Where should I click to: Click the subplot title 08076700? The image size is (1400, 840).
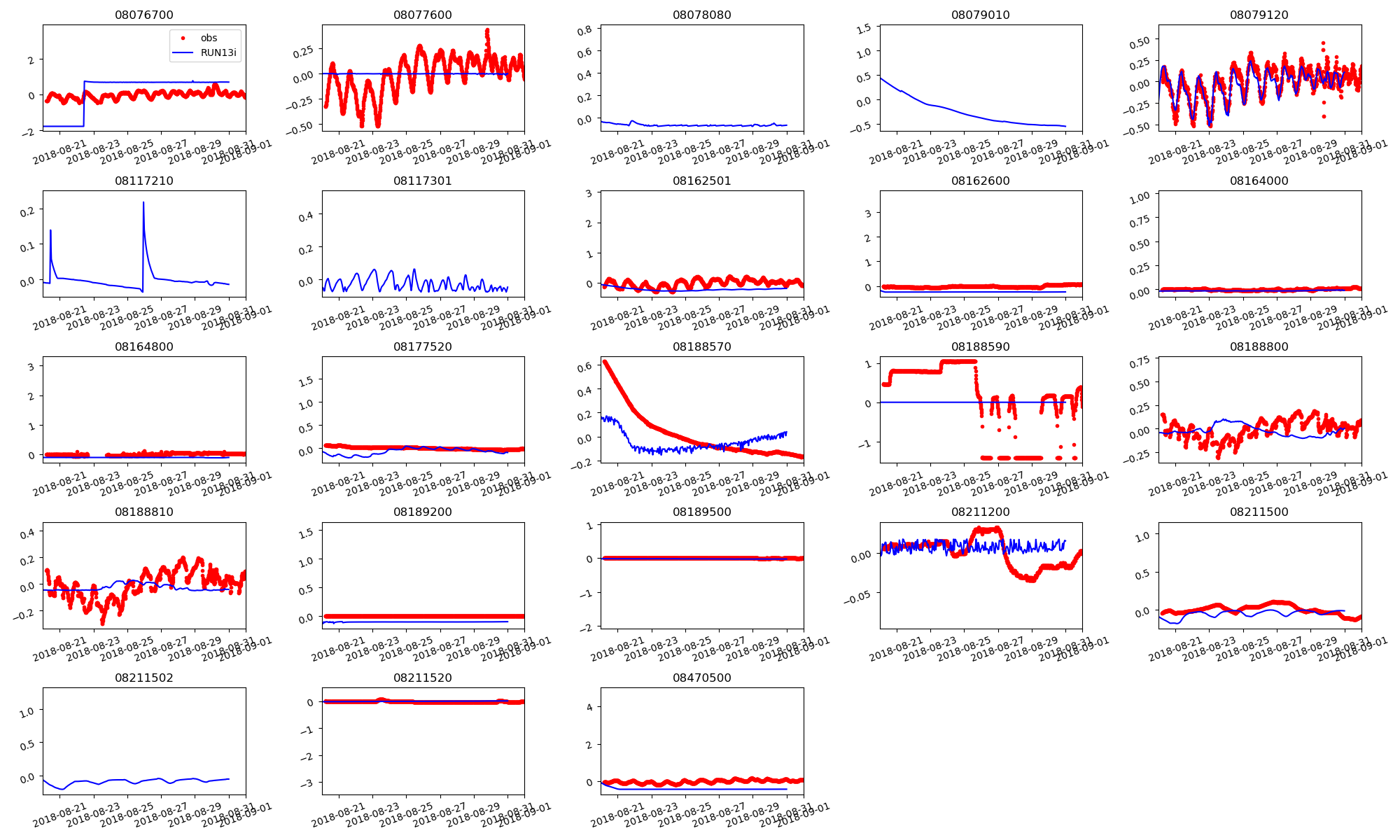click(x=143, y=15)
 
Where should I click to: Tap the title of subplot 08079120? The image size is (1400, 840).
click(x=1259, y=15)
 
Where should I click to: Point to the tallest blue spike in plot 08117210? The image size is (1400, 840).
click(x=143, y=203)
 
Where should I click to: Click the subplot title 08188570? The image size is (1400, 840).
click(x=701, y=346)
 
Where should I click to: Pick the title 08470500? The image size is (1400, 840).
click(x=701, y=678)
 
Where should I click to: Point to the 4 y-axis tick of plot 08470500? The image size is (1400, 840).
click(x=589, y=707)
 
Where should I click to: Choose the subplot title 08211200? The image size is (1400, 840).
click(x=980, y=512)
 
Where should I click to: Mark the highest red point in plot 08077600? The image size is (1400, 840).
click(x=487, y=31)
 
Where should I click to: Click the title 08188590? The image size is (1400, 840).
click(x=980, y=346)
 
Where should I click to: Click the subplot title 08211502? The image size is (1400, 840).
click(x=143, y=678)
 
